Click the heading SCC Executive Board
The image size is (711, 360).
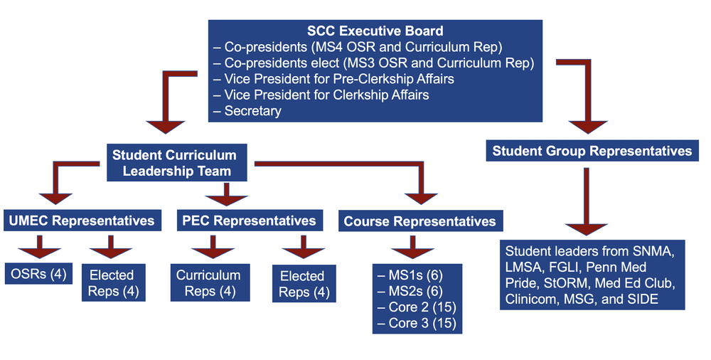375,31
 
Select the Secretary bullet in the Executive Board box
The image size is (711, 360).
252,110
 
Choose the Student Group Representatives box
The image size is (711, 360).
592,151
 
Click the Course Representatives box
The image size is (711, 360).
419,221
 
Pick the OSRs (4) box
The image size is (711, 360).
39,273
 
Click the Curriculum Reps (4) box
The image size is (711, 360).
208,282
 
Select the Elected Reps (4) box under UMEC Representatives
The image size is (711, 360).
112,282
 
